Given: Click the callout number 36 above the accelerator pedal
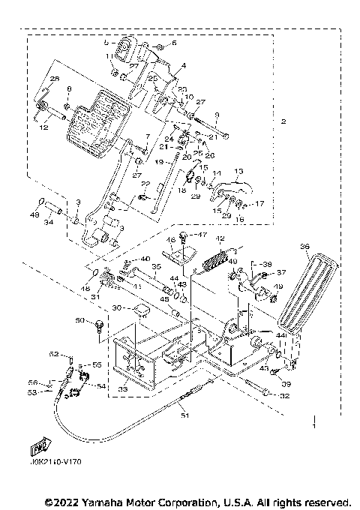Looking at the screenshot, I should (x=304, y=244).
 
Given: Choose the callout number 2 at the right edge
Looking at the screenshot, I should (x=283, y=121).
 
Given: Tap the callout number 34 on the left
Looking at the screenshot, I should (x=48, y=222).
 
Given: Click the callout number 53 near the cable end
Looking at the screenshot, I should (x=52, y=391).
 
